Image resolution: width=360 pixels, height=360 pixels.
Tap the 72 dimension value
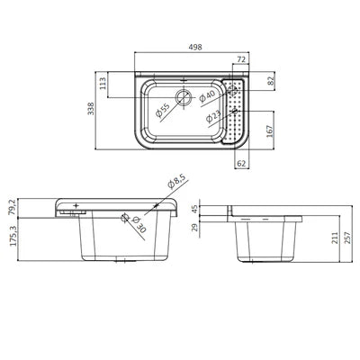[x=240, y=59]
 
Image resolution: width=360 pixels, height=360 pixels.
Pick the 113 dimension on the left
[x=104, y=85]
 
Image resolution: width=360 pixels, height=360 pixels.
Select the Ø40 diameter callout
[x=207, y=94]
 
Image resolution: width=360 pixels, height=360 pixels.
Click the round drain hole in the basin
[x=184, y=97]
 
